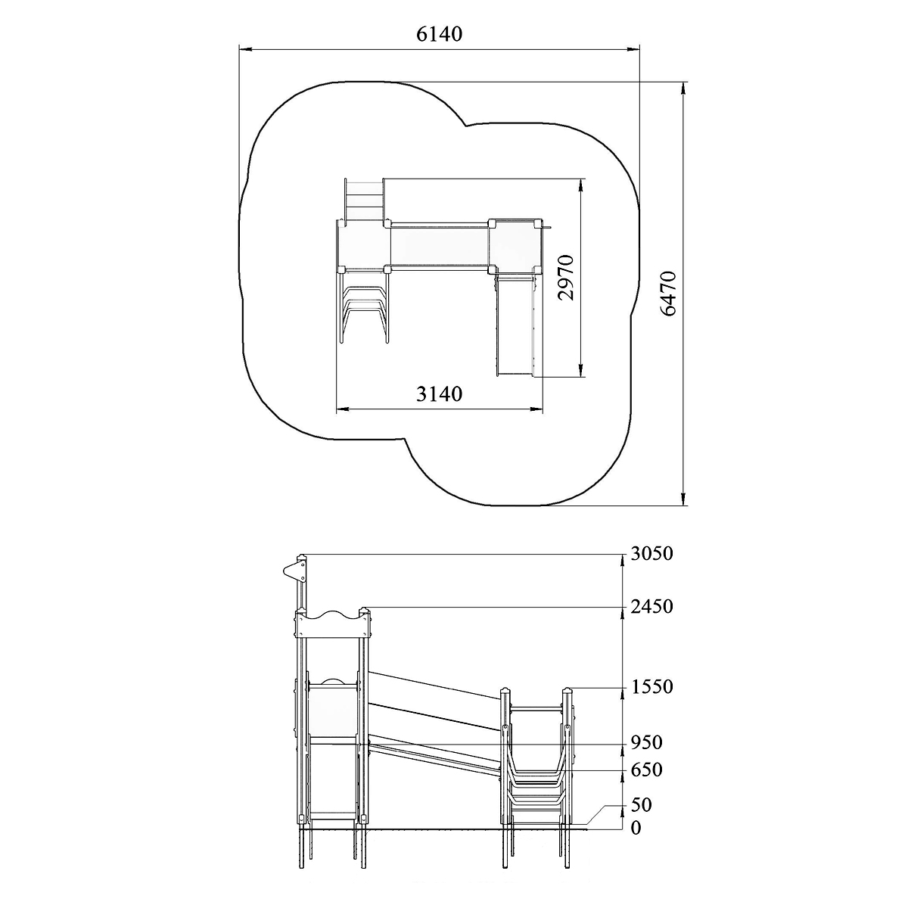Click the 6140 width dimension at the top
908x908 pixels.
[x=439, y=34]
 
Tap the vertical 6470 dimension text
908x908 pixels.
[x=668, y=293]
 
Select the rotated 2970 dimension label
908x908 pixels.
[x=565, y=278]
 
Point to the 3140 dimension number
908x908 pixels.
[x=439, y=393]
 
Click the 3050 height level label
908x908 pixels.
[x=651, y=554]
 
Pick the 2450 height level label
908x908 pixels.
[x=651, y=606]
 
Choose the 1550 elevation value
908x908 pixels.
[x=652, y=687]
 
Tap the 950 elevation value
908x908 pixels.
[x=646, y=743]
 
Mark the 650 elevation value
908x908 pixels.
[x=646, y=770]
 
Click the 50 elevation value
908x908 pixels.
[x=642, y=805]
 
